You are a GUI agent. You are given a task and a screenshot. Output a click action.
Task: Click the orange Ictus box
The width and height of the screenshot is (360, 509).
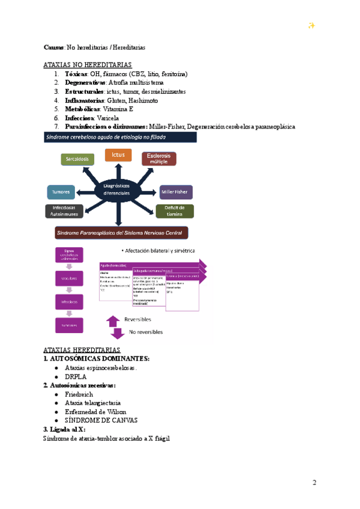click(x=118, y=155)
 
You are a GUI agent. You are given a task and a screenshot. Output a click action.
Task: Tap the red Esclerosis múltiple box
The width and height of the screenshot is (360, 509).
click(x=159, y=159)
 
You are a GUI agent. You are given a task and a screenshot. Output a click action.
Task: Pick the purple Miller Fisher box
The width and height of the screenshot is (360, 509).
click(x=176, y=193)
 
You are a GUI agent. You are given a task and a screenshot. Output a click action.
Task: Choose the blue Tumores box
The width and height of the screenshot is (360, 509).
click(x=61, y=193)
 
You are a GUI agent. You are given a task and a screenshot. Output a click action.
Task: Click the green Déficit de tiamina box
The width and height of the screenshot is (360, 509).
click(x=175, y=211)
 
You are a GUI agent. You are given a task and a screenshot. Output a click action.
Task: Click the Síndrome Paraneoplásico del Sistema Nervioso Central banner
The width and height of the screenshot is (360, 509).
click(x=118, y=232)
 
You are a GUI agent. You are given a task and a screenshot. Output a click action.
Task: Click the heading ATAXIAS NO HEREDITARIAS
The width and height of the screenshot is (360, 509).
click(x=88, y=64)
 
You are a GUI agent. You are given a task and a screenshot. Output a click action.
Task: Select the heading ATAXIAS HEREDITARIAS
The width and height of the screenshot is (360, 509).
click(x=82, y=350)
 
